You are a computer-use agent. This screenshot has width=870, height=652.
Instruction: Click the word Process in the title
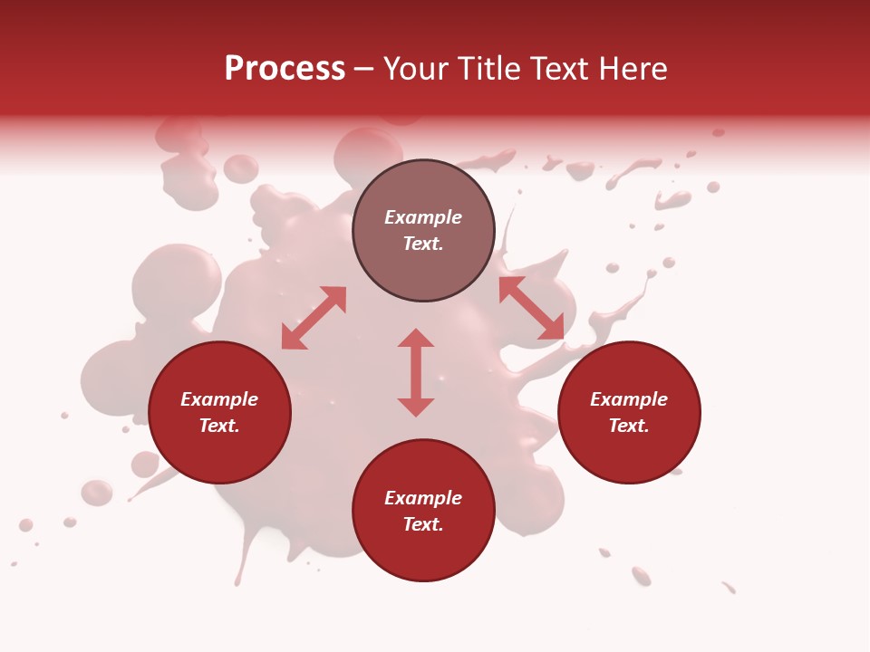point(285,69)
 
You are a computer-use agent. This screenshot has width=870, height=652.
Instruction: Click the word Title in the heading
point(489,69)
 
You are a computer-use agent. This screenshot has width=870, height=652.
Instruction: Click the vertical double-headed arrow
point(416,372)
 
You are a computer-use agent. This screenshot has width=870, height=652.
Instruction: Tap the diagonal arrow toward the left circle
point(314,318)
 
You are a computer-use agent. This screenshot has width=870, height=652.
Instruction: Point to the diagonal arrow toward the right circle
point(531,308)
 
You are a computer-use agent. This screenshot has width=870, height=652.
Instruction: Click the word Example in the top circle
point(423,217)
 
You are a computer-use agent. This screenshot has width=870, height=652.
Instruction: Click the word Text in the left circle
point(218,426)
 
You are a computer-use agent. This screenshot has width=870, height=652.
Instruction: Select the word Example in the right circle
point(629,399)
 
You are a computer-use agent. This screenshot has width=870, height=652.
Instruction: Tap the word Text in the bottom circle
point(422,524)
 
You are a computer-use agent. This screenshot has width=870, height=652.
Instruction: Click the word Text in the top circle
point(422,244)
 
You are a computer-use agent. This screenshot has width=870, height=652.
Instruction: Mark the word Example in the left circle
point(219,399)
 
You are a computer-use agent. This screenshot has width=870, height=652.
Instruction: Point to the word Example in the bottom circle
point(423,498)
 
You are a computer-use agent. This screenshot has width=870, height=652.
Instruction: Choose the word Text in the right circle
point(628,426)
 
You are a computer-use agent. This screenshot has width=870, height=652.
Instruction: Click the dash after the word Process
point(363,69)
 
